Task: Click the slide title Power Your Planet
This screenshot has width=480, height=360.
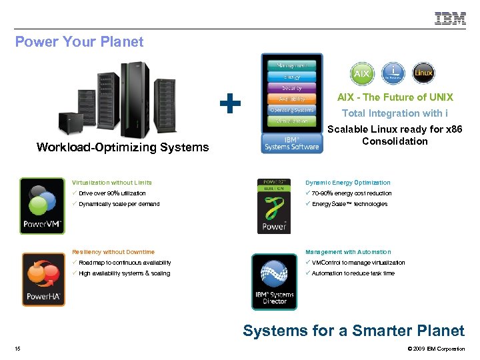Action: (79, 42)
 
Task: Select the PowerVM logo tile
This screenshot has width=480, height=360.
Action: (43, 205)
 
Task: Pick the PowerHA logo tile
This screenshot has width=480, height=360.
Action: (43, 279)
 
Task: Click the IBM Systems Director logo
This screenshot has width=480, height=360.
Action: (275, 281)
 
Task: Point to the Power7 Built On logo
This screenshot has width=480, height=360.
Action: (274, 205)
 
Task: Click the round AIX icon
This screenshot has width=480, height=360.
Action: (361, 73)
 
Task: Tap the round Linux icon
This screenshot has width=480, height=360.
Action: (423, 73)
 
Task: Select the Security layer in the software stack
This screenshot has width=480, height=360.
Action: (292, 88)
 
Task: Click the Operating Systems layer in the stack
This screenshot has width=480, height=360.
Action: (292, 110)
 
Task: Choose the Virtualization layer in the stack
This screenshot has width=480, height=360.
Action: (292, 121)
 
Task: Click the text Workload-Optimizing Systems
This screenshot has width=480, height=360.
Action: (123, 147)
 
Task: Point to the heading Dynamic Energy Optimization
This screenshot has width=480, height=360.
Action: (348, 183)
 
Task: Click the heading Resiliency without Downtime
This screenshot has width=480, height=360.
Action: (113, 252)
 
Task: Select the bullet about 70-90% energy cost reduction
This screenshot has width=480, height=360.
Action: (351, 193)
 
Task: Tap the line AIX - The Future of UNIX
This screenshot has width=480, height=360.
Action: (395, 97)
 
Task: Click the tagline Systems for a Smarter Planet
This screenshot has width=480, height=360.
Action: (353, 331)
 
